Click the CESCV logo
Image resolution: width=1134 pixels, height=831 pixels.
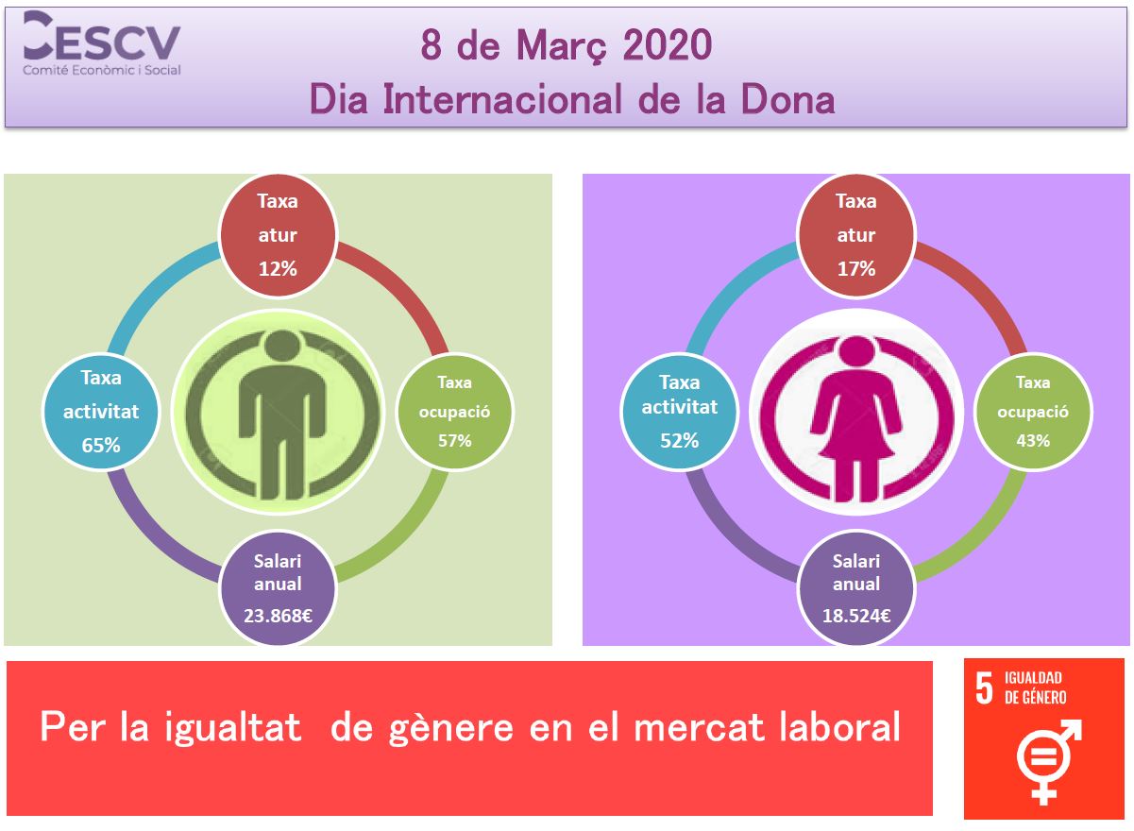[x=102, y=43]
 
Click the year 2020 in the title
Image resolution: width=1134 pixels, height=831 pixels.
[x=668, y=45]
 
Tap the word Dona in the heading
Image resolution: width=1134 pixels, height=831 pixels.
[x=787, y=100]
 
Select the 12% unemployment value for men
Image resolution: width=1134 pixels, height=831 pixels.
[x=278, y=269]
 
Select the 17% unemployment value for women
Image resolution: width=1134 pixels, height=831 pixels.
[x=856, y=269]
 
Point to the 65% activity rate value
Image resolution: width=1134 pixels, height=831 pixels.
[x=101, y=446]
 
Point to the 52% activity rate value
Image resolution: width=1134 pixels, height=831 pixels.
[x=680, y=441]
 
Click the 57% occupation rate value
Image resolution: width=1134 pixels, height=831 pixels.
[x=454, y=441]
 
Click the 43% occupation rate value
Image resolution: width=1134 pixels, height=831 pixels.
[x=1033, y=441]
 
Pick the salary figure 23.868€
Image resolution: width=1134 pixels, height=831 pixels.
[x=278, y=616]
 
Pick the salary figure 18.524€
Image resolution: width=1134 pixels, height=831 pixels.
[x=856, y=616]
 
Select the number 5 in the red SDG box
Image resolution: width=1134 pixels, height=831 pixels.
[x=984, y=688]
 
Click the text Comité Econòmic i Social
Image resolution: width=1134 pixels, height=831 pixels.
[x=102, y=71]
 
